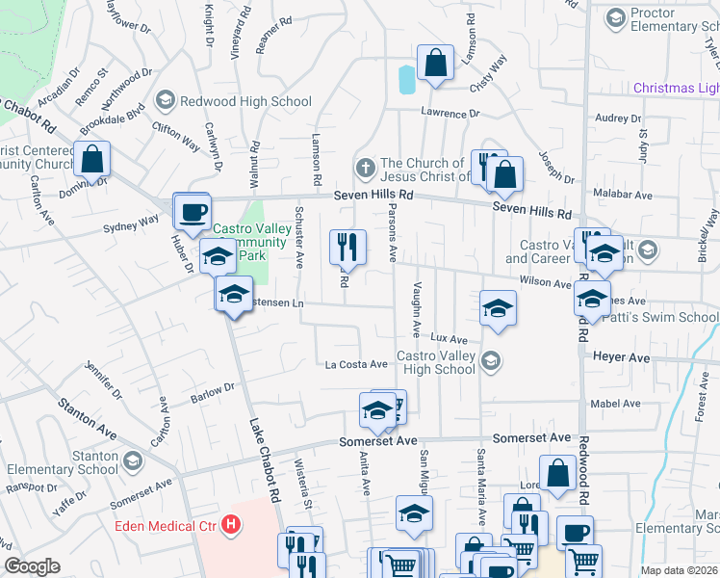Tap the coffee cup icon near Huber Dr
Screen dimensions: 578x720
[192, 212]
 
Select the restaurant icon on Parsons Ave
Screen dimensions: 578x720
[347, 247]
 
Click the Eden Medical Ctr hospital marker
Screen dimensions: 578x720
[231, 525]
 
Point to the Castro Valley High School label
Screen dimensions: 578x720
[436, 362]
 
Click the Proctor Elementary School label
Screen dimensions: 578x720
[664, 20]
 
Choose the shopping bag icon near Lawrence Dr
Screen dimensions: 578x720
[435, 64]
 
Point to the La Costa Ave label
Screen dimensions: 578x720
[356, 364]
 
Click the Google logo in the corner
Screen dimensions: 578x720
[32, 566]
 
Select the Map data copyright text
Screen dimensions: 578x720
[680, 570]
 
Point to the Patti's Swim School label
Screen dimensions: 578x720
[671, 317]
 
